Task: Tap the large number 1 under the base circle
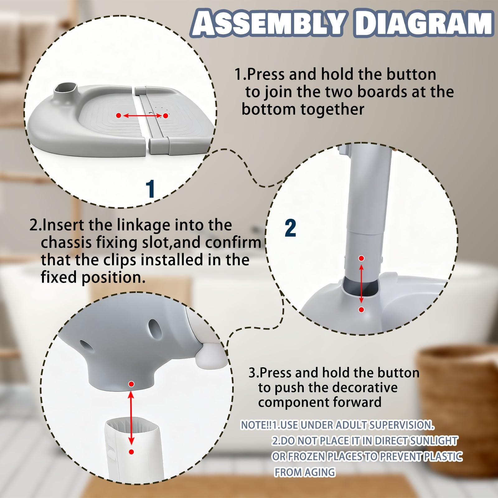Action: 150,189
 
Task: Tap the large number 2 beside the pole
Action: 290,228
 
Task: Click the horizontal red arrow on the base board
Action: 142,116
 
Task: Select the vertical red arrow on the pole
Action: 361,284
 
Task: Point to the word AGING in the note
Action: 320,472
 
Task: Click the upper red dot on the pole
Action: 361,258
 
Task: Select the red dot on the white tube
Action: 131,452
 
